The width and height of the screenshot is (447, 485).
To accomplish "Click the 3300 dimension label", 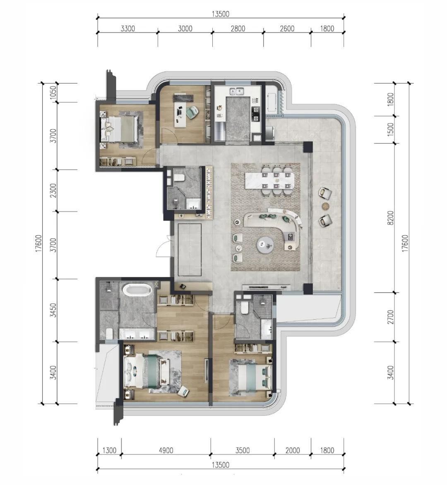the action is pyautogui.click(x=127, y=29).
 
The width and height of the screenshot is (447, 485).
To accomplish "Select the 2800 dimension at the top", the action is pyautogui.click(x=238, y=29).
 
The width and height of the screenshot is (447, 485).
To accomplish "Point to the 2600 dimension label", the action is pyautogui.click(x=287, y=29).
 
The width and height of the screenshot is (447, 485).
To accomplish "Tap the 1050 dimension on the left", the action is pyautogui.click(x=53, y=93).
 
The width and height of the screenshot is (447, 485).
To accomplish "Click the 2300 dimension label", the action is pyautogui.click(x=53, y=191).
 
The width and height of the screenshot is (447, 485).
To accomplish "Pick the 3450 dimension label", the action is pyautogui.click(x=53, y=310).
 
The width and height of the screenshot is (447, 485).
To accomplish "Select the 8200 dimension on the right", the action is pyautogui.click(x=391, y=218).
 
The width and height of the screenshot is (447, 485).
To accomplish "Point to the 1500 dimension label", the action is pyautogui.click(x=391, y=129).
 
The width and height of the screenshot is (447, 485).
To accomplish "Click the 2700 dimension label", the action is pyautogui.click(x=391, y=317).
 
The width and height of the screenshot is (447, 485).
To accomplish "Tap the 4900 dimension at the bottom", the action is pyautogui.click(x=166, y=450).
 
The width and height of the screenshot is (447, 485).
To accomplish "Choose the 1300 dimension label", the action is pyautogui.click(x=109, y=450).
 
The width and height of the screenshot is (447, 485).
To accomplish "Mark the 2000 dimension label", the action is pyautogui.click(x=293, y=450).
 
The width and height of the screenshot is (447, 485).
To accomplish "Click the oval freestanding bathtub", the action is pyautogui.click(x=137, y=290).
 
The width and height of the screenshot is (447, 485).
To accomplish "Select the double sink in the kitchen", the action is pyautogui.click(x=236, y=91).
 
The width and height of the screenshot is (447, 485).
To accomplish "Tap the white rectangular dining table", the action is pyautogui.click(x=270, y=180).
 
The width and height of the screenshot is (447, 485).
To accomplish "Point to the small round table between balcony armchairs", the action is pyautogui.click(x=325, y=206).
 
